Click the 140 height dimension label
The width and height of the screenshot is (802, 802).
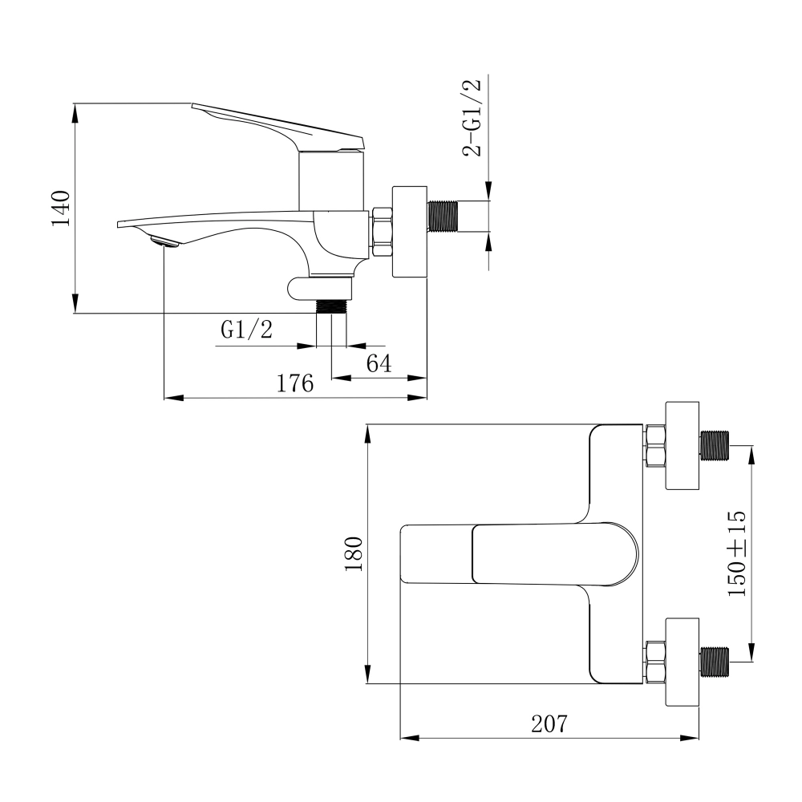[x=62, y=208]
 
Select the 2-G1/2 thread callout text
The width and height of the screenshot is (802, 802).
[x=472, y=119]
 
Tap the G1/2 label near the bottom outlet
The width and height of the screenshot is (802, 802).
[x=246, y=330]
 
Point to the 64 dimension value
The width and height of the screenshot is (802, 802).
[x=379, y=363]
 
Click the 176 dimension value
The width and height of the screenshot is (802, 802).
[x=294, y=384]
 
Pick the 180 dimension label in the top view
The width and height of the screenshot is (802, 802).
[x=354, y=553]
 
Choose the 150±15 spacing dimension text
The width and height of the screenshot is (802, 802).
[x=736, y=553]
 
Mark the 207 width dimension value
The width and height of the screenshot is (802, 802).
[x=549, y=724]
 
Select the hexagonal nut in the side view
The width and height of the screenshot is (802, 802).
[x=381, y=233]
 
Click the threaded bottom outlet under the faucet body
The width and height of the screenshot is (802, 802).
[x=331, y=306]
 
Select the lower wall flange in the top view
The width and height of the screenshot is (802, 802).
[x=683, y=661]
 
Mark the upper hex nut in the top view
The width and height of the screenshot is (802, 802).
[x=655, y=446]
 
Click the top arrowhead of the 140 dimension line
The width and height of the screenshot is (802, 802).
[x=74, y=112]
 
